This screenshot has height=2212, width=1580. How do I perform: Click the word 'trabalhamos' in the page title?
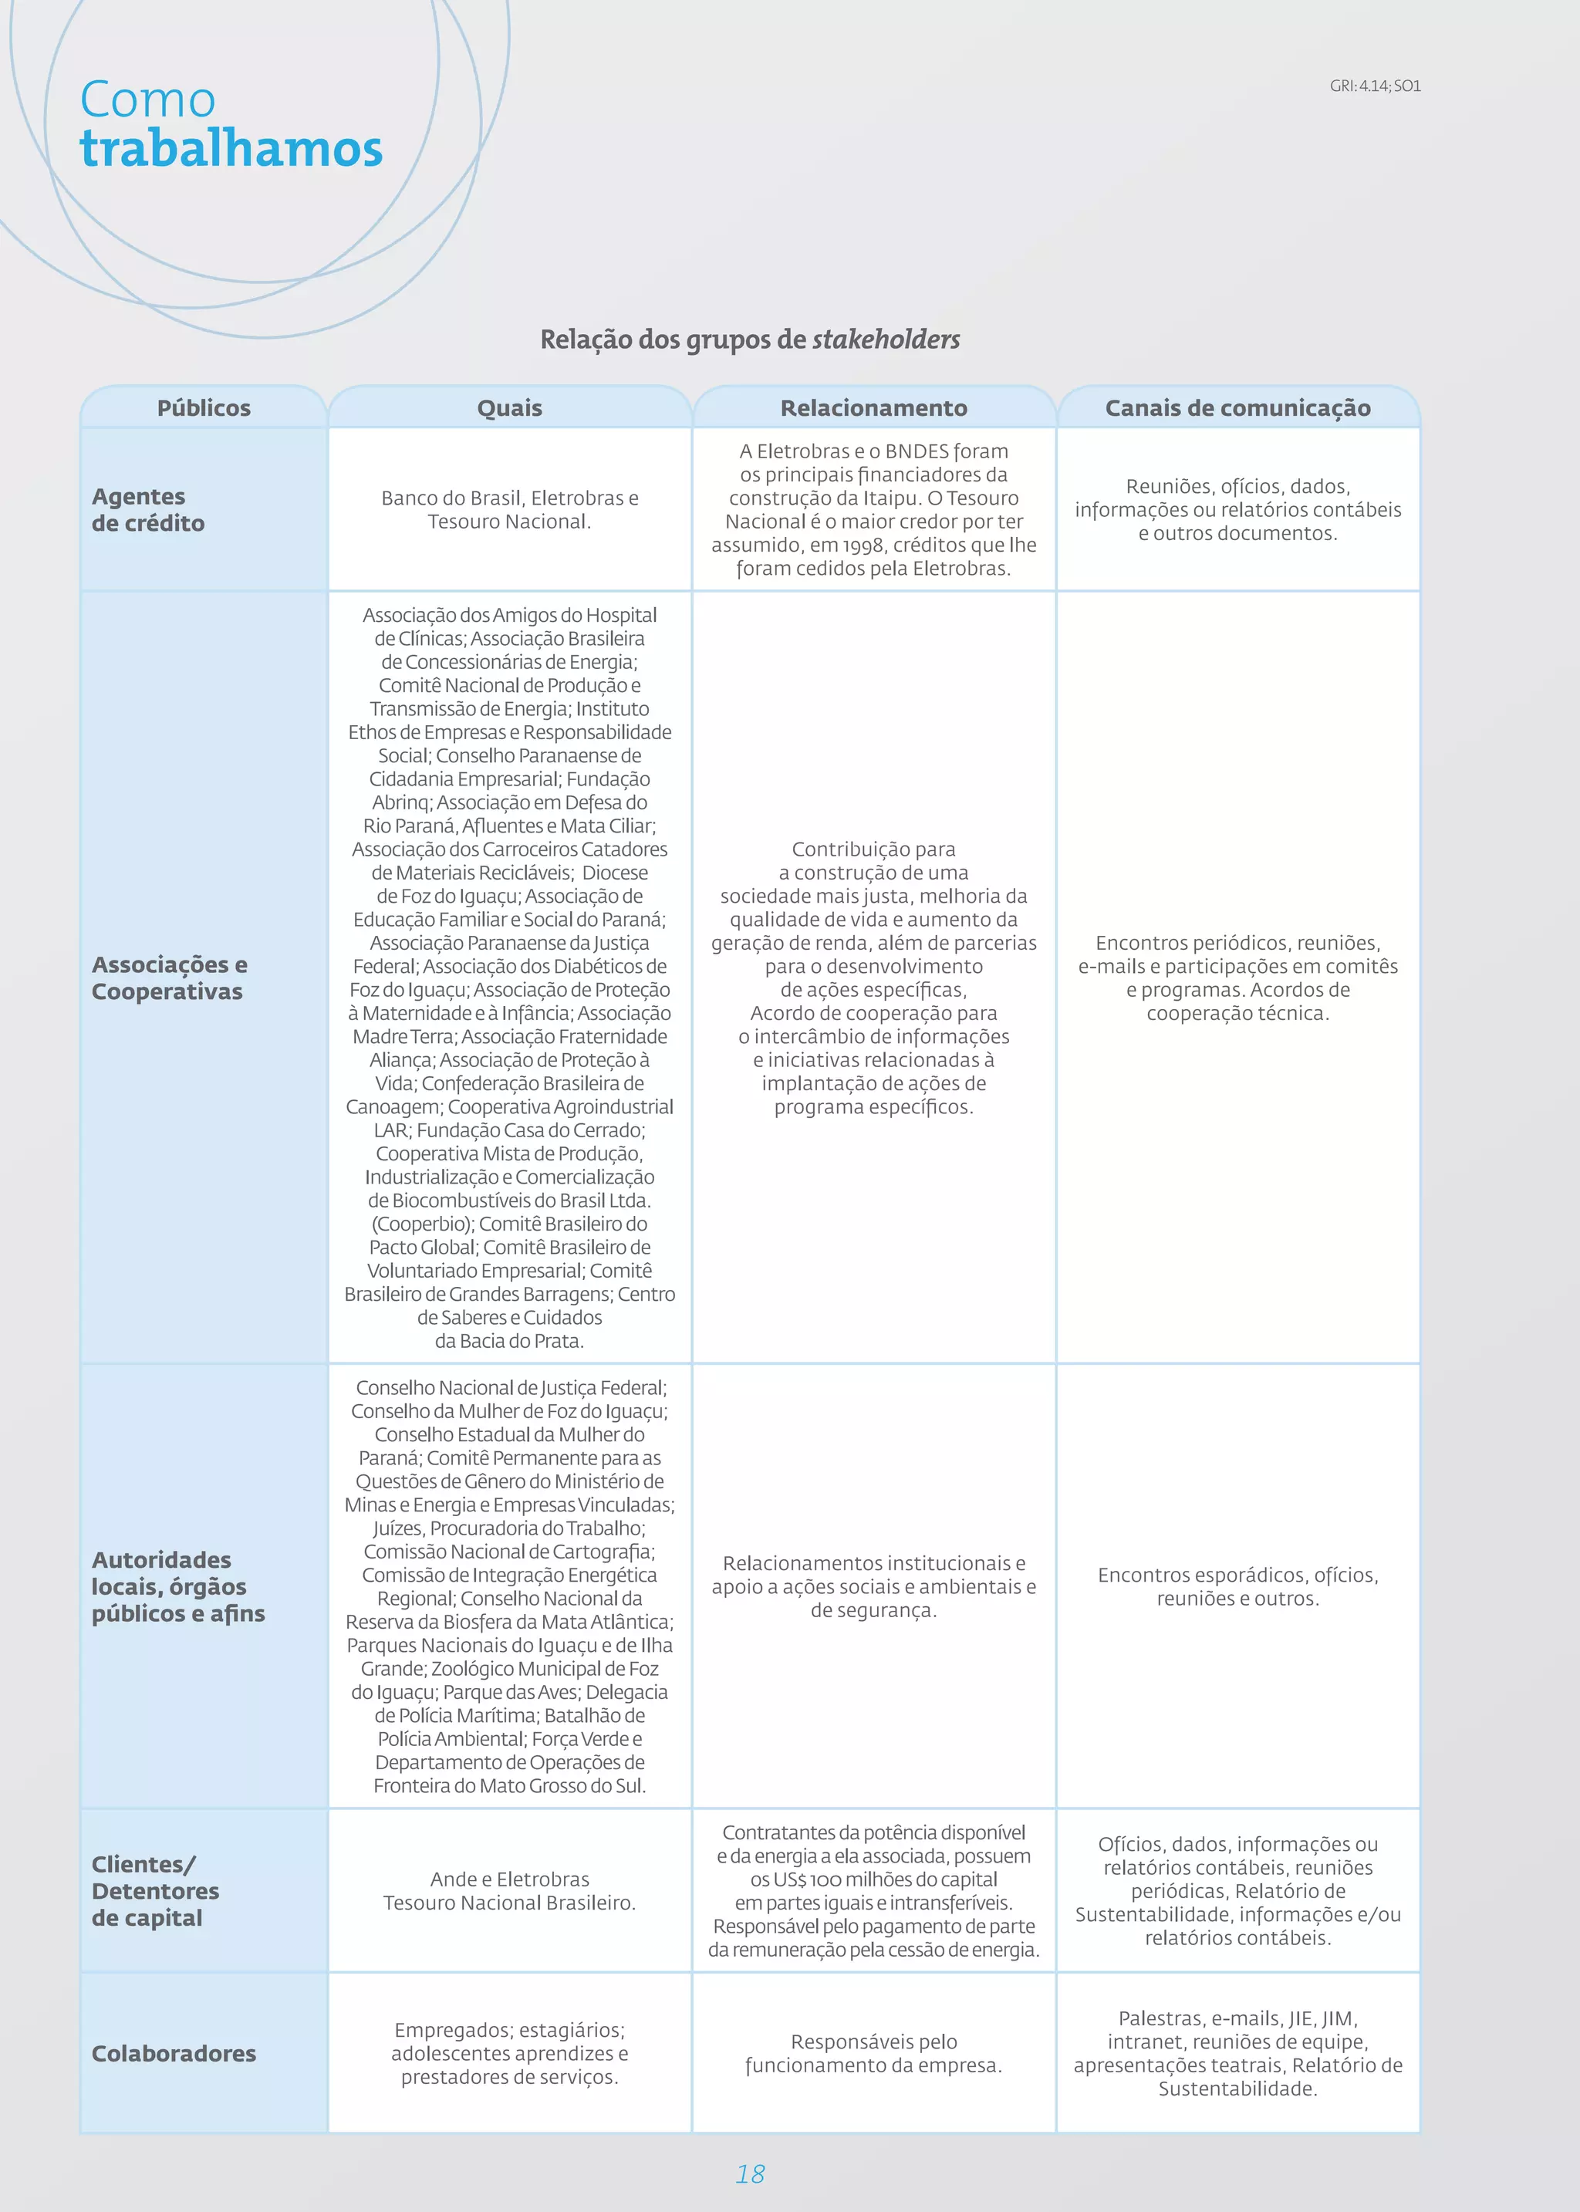(231, 149)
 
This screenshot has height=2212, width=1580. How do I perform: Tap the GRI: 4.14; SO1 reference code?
(1375, 86)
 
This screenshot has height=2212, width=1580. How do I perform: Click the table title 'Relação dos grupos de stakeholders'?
(749, 339)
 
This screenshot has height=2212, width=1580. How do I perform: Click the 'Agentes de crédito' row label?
(148, 510)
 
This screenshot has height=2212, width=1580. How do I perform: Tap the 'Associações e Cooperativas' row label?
(169, 978)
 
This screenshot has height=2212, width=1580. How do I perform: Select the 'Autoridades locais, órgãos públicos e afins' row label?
(177, 1586)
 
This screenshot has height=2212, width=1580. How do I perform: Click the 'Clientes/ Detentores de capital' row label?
(155, 1891)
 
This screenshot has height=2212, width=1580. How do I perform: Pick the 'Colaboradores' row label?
(173, 2053)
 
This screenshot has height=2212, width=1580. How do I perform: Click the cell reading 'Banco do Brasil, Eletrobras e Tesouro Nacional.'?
(509, 510)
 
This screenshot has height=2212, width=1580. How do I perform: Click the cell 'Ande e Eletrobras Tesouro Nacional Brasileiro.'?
(509, 1891)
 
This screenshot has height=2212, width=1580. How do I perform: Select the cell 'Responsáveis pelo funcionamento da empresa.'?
(873, 2053)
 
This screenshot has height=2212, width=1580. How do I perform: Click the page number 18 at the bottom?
(750, 2174)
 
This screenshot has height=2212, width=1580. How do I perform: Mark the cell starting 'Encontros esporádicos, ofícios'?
(1237, 1586)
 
